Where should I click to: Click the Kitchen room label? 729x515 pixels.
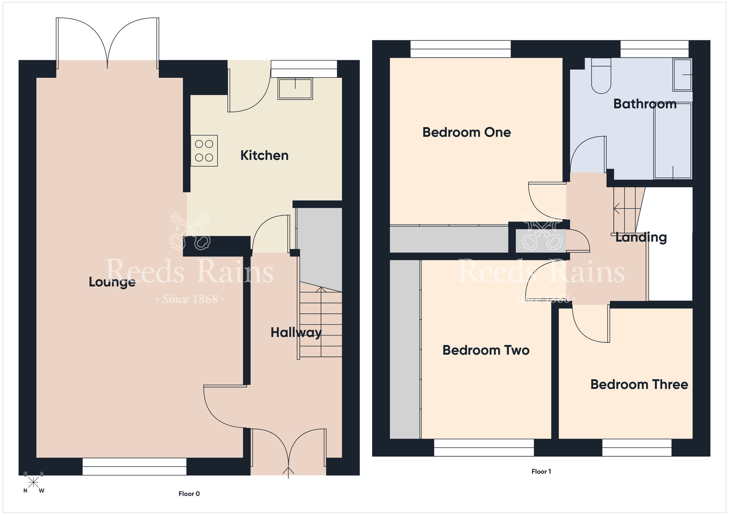coord(264,156)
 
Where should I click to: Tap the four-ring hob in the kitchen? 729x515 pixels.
coord(204,151)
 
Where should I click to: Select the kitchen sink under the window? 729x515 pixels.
coord(295,89)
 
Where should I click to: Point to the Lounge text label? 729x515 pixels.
coord(112,282)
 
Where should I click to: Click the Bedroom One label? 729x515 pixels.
coord(466,132)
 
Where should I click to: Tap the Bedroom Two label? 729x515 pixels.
coord(486,350)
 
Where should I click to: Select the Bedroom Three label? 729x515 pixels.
coord(639,384)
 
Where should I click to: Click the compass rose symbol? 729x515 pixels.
coord(33,482)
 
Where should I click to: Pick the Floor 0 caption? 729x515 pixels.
coord(189,494)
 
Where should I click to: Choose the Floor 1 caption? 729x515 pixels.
coord(541,472)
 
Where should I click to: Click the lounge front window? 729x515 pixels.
coord(134,467)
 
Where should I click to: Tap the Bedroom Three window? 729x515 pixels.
coord(636,448)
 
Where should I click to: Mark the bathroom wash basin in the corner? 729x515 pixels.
coord(682,75)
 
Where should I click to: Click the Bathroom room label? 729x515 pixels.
coord(644,104)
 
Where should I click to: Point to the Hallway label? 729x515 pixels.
coord(296,332)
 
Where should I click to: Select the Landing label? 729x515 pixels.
coord(641,237)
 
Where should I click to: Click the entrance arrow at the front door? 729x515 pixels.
coord(288,472)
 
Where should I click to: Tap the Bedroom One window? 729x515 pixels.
coord(460,49)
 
